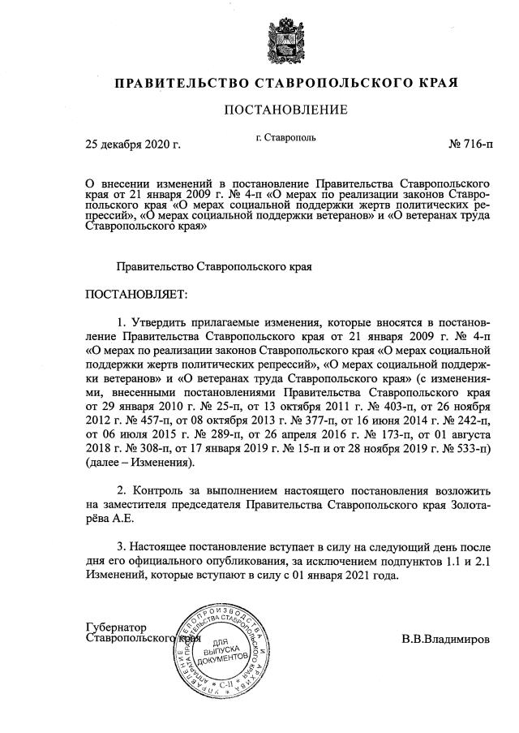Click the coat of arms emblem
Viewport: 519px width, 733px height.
tap(285, 40)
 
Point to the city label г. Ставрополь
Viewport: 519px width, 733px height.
tap(285, 139)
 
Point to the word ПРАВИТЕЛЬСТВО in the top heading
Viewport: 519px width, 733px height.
tap(177, 83)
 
